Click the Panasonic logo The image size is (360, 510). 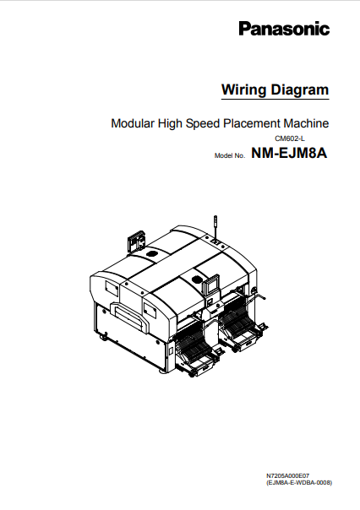pyautogui.click(x=282, y=30)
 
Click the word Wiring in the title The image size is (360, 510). pyautogui.click(x=241, y=90)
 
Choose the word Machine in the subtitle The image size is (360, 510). pyautogui.click(x=307, y=123)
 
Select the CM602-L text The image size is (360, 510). pyautogui.click(x=289, y=138)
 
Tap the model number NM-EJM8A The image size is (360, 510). pyautogui.click(x=288, y=154)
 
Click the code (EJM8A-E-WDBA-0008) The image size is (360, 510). pyautogui.click(x=298, y=483)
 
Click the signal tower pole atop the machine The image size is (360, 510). pyautogui.click(x=217, y=227)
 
